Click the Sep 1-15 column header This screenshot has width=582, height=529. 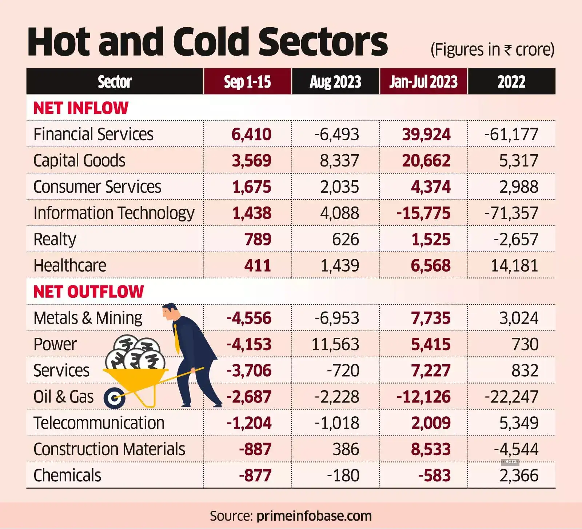click(x=247, y=82)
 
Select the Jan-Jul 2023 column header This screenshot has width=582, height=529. click(x=423, y=82)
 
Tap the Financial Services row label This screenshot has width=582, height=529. click(x=93, y=134)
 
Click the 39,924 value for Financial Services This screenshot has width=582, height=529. click(x=426, y=135)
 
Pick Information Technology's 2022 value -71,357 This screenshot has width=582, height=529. click(x=511, y=213)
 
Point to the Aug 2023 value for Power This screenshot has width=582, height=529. click(x=335, y=344)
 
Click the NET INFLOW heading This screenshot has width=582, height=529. click(x=81, y=108)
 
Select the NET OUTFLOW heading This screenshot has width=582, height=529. click(x=88, y=292)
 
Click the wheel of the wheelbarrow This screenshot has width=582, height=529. click(x=115, y=398)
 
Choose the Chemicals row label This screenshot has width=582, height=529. click(x=67, y=476)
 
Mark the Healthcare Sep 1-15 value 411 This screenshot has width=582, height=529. click(x=258, y=266)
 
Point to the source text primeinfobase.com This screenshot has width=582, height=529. click(x=314, y=516)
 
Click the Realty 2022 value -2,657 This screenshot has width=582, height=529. click(x=516, y=240)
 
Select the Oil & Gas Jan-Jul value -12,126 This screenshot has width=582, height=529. click(x=423, y=397)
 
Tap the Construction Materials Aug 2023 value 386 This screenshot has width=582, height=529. click(x=346, y=449)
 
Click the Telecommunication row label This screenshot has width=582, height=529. click(x=99, y=423)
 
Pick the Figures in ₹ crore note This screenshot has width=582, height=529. click(x=492, y=50)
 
